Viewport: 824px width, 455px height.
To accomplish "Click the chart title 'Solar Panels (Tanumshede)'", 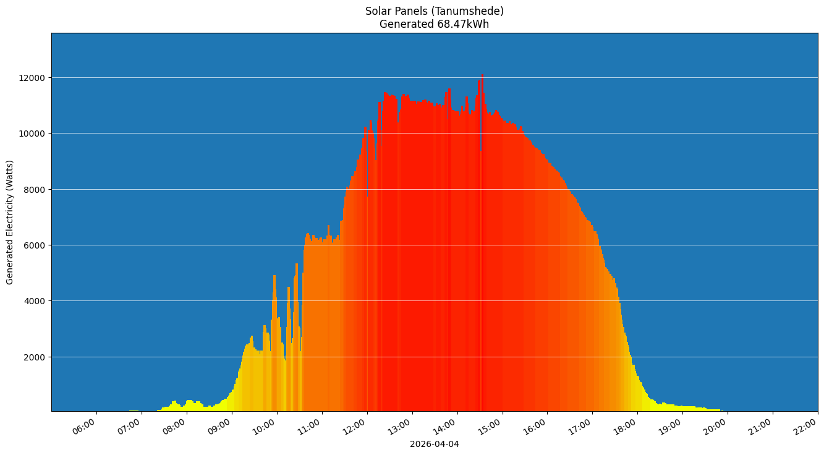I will [434, 11].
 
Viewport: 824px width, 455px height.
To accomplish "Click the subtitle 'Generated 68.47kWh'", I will [434, 24].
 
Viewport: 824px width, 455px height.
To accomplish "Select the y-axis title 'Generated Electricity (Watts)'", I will [10, 222].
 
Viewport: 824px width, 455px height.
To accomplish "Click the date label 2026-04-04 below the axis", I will [434, 444].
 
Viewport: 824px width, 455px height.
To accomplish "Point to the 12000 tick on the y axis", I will [33, 78].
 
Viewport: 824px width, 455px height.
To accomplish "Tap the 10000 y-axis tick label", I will [33, 134].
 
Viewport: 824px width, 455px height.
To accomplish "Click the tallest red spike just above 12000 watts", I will [482, 77].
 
